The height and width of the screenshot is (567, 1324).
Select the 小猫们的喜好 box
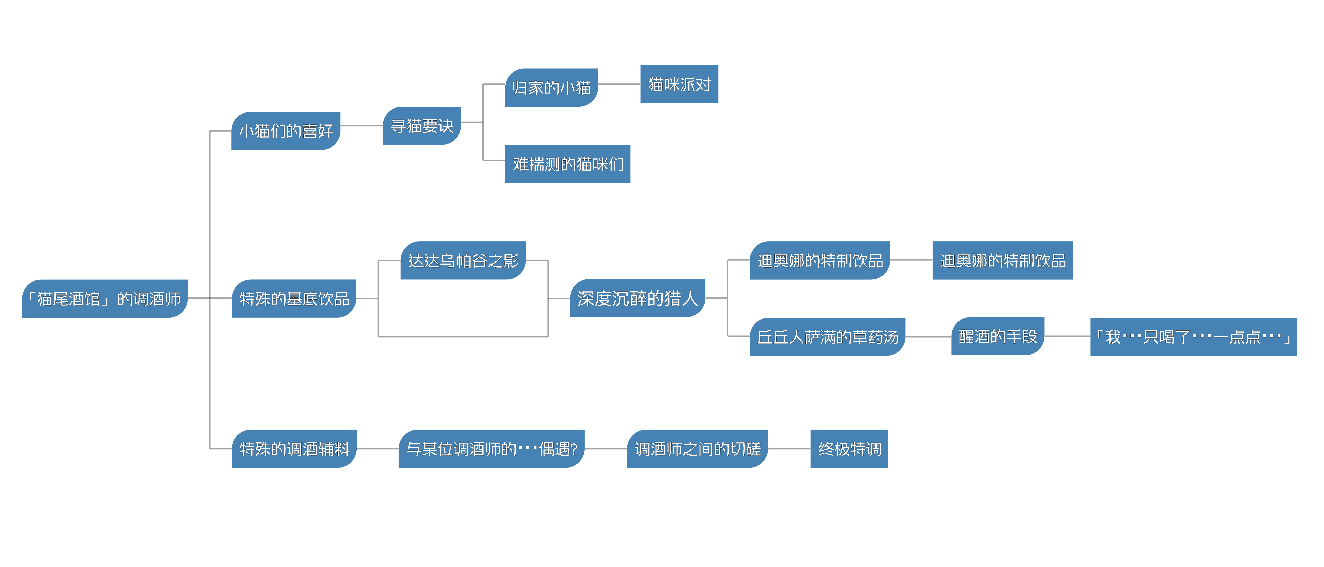286,131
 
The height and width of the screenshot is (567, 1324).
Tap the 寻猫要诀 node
421,126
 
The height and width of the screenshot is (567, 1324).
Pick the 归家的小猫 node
552,87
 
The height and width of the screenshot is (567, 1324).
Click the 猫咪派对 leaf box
679,84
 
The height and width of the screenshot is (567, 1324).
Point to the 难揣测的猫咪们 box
567,164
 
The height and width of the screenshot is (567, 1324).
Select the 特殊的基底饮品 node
294,298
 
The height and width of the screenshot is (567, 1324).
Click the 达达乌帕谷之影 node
463,260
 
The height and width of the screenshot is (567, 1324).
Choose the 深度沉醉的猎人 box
637,298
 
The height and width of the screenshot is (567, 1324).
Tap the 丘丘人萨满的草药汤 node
827,336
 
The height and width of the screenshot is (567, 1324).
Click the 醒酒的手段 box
998,336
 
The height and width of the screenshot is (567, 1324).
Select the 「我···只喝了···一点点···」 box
1194,336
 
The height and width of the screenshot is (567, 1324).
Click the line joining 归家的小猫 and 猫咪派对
619,84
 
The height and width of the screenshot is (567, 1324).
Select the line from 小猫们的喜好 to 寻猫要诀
361,126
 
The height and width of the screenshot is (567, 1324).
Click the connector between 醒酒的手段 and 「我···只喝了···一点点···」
1067,336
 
